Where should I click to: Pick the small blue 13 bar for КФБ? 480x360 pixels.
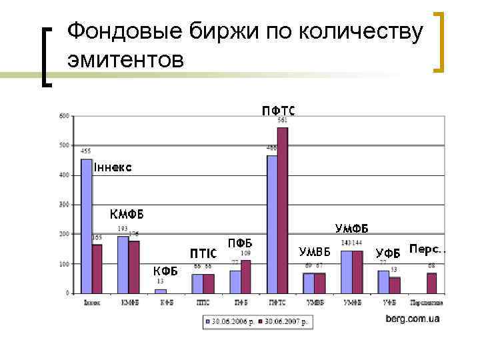pos(160,291)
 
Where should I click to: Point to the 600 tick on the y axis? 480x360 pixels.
pos(64,116)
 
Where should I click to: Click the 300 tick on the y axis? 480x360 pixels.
pos(64,205)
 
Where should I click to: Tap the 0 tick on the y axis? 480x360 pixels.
pos(67,293)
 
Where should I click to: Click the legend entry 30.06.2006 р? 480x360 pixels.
pos(230,321)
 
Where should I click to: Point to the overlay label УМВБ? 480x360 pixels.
pos(315,252)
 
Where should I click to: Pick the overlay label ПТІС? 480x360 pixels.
pos(203,254)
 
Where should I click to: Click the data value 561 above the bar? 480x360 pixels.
pos(283,120)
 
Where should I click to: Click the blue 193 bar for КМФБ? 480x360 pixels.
pos(123,264)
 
